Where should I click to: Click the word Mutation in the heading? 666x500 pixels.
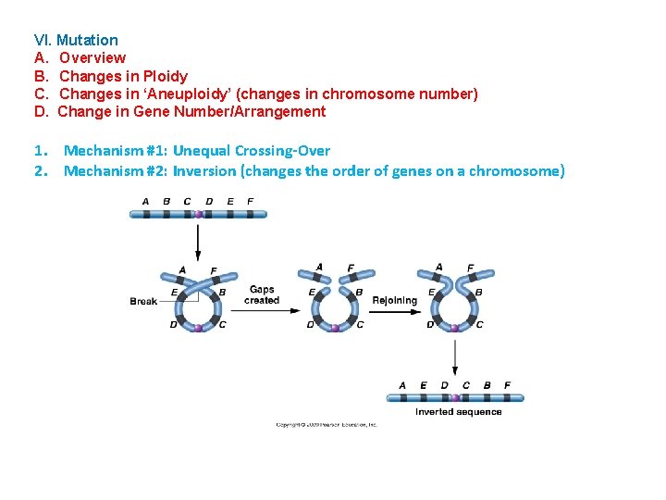click(87, 40)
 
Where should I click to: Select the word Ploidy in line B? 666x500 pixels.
click(166, 76)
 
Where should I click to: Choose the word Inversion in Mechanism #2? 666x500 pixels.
click(204, 170)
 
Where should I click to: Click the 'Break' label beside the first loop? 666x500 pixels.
click(143, 301)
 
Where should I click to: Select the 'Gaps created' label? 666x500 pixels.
click(262, 294)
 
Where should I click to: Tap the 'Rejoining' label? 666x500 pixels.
click(394, 300)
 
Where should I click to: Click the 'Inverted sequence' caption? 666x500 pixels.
click(458, 412)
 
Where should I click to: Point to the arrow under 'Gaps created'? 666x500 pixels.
click(262, 312)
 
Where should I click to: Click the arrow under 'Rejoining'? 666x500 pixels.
click(395, 312)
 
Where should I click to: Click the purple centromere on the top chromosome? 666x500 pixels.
click(198, 214)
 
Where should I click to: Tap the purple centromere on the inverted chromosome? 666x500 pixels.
click(455, 398)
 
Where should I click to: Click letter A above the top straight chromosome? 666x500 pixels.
click(145, 201)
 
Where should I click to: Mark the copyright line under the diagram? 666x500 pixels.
click(327, 425)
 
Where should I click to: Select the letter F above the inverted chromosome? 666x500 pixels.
click(507, 385)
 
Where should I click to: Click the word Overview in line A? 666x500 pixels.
click(92, 57)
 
